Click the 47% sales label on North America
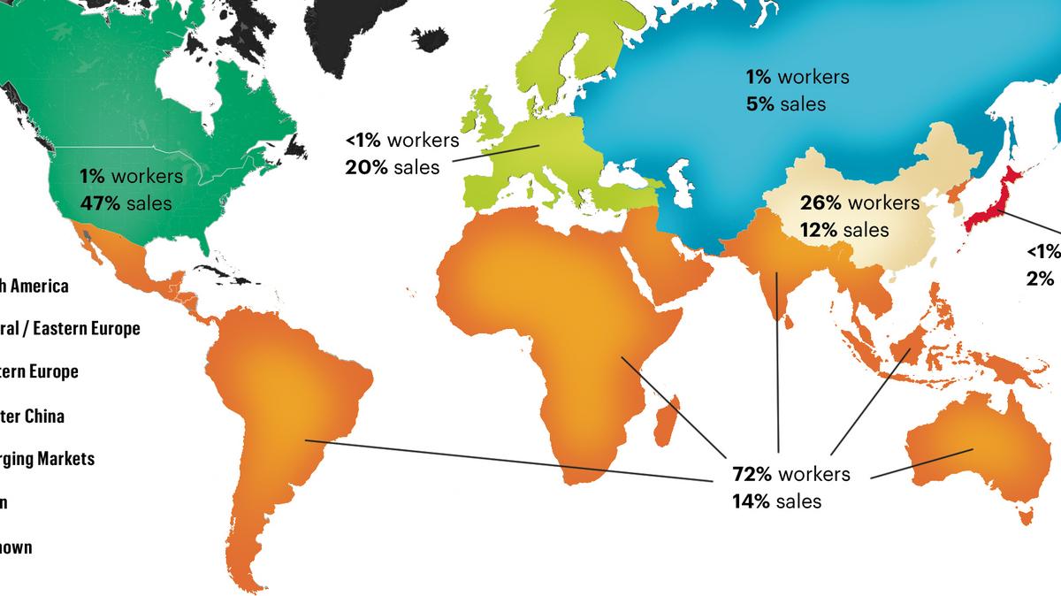(x=125, y=202)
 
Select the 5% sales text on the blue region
(x=785, y=104)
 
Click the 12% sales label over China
(x=844, y=230)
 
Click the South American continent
(x=283, y=416)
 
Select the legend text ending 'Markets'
(x=48, y=459)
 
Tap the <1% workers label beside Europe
(x=402, y=140)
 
